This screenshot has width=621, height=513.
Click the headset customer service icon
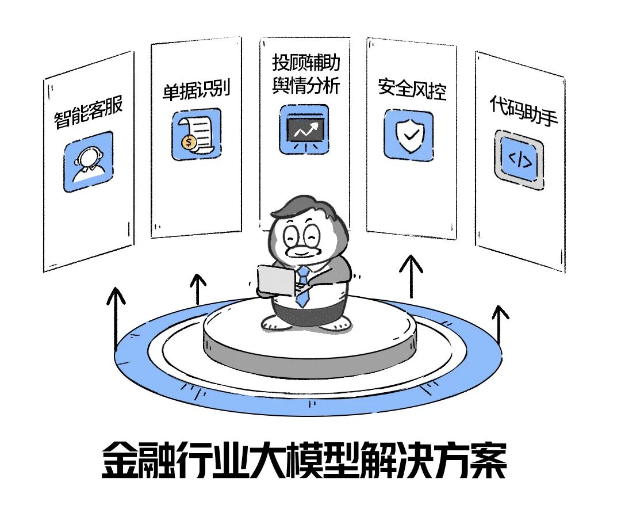(88, 162)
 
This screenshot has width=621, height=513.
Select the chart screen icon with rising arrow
(303, 129)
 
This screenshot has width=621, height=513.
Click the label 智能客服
(89, 113)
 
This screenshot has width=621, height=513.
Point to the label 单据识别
(196, 90)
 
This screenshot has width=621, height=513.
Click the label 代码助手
(523, 113)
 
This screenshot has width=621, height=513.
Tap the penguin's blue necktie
(302, 286)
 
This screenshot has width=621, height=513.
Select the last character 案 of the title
(486, 460)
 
